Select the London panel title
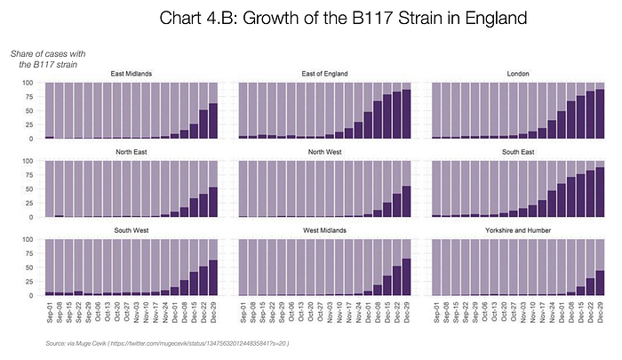(x=519, y=73)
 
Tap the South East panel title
(x=519, y=151)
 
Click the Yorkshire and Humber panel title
(x=519, y=230)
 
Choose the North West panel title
(x=324, y=151)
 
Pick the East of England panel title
(x=324, y=73)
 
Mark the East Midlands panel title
(x=130, y=73)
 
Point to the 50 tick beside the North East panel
(x=30, y=189)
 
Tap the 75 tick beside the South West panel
(x=30, y=253)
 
